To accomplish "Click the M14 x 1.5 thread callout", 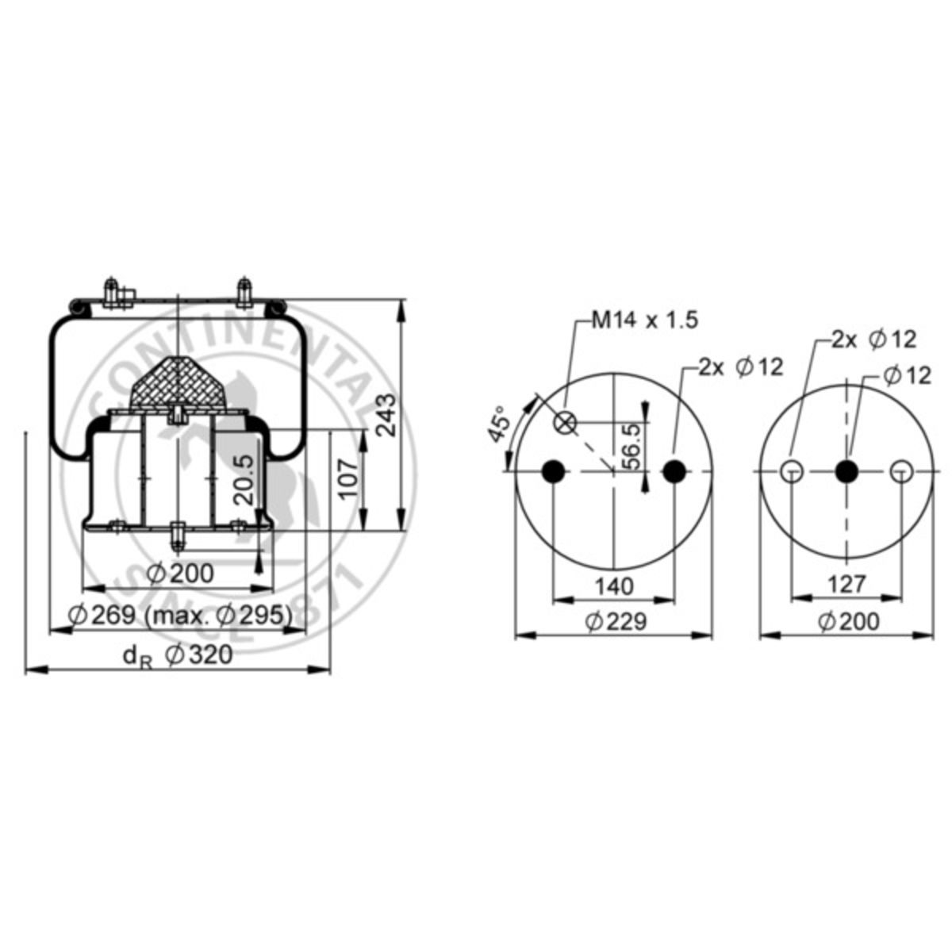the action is coord(645,321).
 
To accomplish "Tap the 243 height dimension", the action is coord(386,414).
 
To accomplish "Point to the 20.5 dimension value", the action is coord(244,479).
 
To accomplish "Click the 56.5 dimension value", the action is coord(631,445).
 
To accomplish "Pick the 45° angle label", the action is coord(498,424).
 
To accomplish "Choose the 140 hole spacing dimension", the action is coord(613,586).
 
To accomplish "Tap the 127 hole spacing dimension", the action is coord(846,584).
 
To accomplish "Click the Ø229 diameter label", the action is coord(616,621).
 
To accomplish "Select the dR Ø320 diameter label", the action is coord(178,656).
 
